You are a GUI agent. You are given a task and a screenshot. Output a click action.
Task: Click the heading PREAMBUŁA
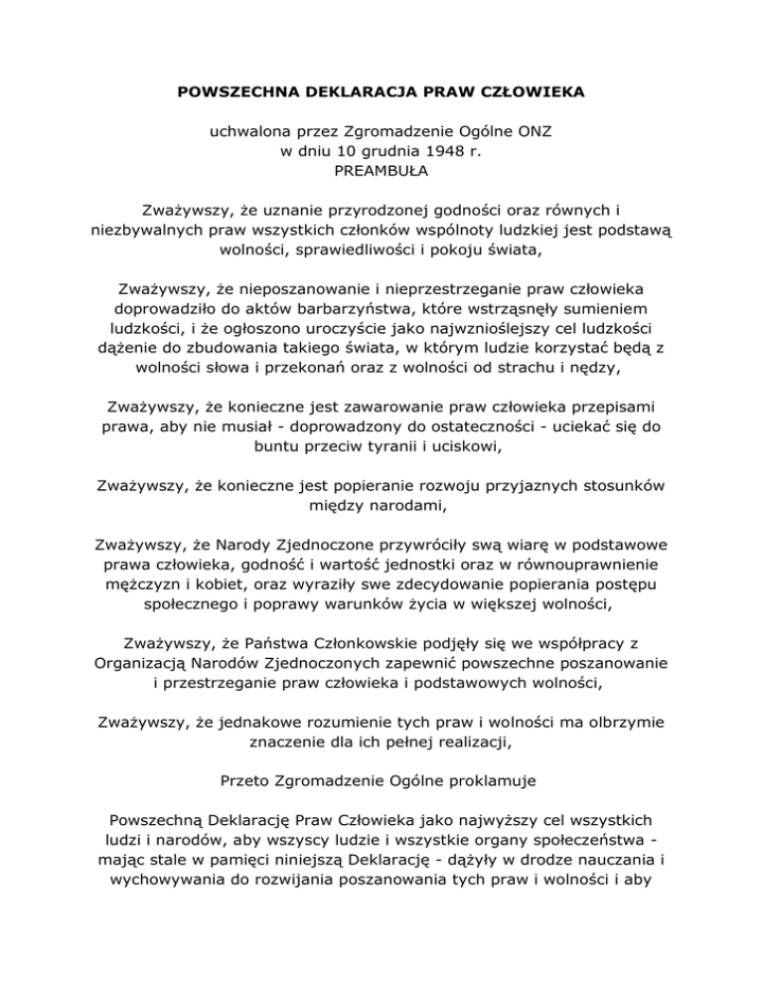[381, 173]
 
